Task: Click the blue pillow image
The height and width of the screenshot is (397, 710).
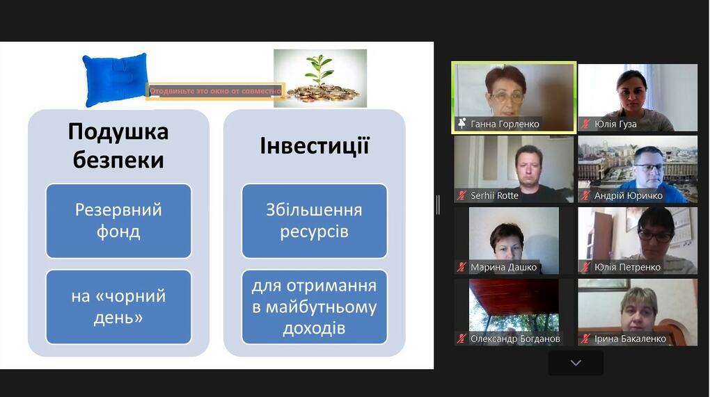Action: coord(115,79)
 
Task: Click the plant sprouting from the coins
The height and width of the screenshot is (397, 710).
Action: coord(320,70)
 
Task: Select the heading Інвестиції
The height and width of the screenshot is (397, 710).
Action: coord(315,145)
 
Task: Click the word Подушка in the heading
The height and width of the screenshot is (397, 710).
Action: coord(118,131)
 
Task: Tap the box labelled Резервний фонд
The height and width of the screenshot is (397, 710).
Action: coord(118,220)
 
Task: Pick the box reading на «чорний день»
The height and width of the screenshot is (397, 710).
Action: coord(118,307)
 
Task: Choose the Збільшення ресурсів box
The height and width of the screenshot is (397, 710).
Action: coord(314,220)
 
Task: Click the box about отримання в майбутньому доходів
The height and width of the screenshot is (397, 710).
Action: coord(314,307)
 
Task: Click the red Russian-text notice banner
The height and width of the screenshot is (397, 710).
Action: coord(216,91)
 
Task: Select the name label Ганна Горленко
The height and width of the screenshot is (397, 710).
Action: coord(505,124)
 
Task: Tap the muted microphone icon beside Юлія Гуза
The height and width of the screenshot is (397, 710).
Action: coord(585,124)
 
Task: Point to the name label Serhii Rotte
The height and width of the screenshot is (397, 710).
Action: coord(494,195)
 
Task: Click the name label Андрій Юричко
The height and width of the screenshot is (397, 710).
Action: coord(629,195)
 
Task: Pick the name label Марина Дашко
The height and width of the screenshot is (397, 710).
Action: coord(503,267)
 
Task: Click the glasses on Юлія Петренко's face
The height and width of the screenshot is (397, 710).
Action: coord(655,236)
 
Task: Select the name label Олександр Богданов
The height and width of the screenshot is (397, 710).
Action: coord(515,339)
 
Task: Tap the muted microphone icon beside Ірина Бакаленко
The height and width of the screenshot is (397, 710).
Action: coord(585,338)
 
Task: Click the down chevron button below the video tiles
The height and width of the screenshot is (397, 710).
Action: coord(576,363)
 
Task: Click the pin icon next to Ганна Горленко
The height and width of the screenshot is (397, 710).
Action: coord(462,124)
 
